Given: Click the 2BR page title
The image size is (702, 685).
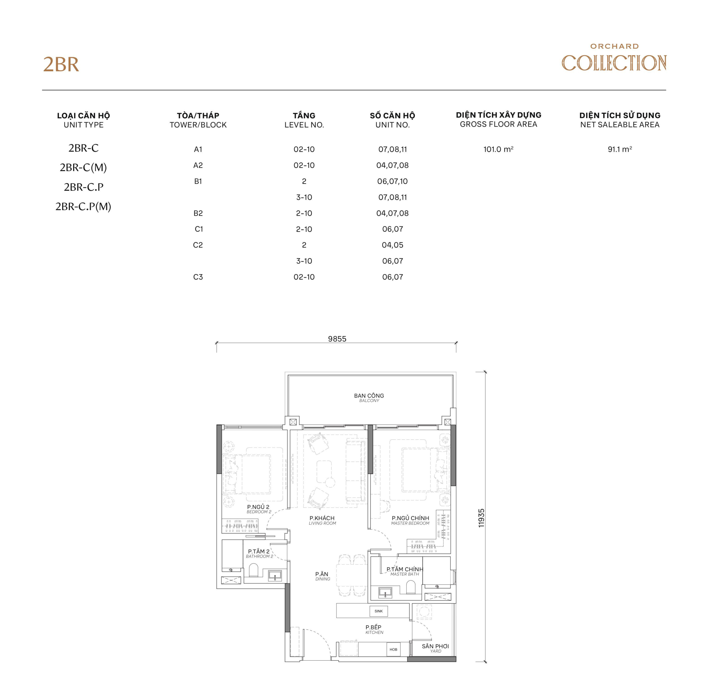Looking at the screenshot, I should pyautogui.click(x=61, y=65).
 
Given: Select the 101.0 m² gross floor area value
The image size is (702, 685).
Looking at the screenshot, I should pyautogui.click(x=498, y=149).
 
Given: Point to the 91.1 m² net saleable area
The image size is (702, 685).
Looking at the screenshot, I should pyautogui.click(x=619, y=149).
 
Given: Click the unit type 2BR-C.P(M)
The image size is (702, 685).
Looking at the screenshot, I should pyautogui.click(x=83, y=207).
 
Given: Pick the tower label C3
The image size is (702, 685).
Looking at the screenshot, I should pyautogui.click(x=198, y=277).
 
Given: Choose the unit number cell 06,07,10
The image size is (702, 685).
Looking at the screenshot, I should pyautogui.click(x=392, y=181).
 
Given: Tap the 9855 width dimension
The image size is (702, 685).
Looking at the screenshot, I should pyautogui.click(x=337, y=339).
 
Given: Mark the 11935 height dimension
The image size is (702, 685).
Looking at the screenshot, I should pyautogui.click(x=481, y=518).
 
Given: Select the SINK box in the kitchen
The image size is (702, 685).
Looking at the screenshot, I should pyautogui.click(x=378, y=611).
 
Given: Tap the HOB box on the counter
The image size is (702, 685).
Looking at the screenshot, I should pyautogui.click(x=393, y=649).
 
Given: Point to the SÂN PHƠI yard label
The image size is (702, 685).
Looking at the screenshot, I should pyautogui.click(x=435, y=647).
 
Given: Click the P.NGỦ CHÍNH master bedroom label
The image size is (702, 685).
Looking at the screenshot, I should pyautogui.click(x=411, y=518).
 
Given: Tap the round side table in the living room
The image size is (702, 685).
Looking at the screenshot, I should pyautogui.click(x=330, y=483).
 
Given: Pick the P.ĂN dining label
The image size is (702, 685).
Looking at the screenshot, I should pyautogui.click(x=322, y=574).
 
